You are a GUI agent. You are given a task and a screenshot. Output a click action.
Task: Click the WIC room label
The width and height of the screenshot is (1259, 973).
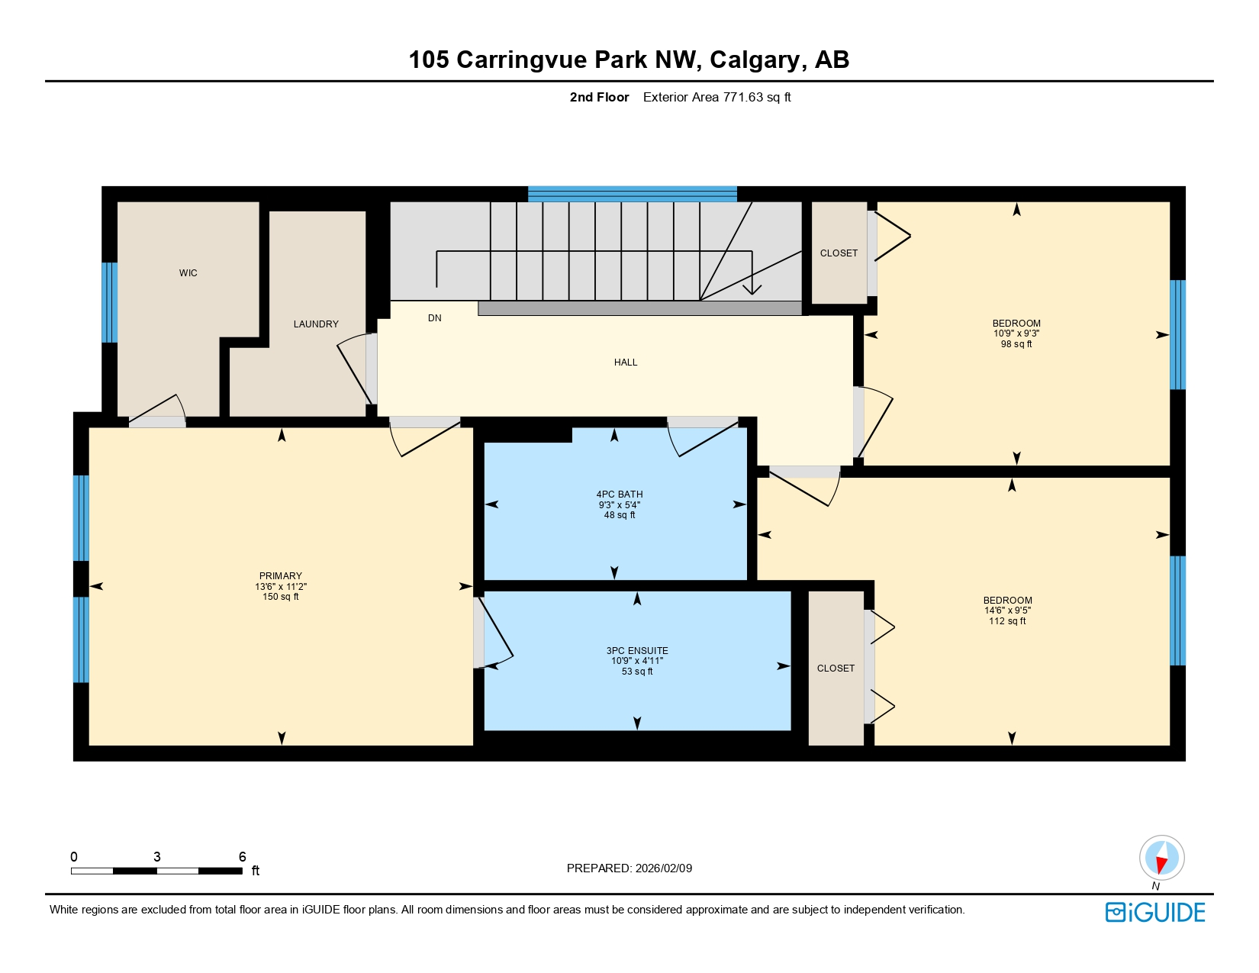click(188, 273)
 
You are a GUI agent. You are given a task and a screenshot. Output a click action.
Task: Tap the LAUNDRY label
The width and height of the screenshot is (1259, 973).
click(316, 324)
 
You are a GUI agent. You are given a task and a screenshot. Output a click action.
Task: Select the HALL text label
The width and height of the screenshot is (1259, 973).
click(626, 362)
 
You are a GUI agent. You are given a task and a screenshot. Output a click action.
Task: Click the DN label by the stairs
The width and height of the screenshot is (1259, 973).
click(434, 318)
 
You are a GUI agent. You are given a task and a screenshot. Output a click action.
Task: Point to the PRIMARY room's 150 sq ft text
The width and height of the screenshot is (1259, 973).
click(281, 597)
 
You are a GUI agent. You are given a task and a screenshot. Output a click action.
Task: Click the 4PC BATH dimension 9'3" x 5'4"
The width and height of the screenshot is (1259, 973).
click(619, 505)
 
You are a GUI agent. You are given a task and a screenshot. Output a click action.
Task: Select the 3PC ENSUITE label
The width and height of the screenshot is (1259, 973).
click(637, 651)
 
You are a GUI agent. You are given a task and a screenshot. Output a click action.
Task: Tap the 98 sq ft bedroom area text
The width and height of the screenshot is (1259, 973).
click(1016, 344)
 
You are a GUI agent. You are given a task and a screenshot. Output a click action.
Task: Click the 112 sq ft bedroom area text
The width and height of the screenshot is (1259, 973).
click(1007, 621)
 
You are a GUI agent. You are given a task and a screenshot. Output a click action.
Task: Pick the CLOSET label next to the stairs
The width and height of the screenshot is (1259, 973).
click(839, 253)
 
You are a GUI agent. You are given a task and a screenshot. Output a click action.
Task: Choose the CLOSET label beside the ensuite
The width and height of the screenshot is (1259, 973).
click(836, 669)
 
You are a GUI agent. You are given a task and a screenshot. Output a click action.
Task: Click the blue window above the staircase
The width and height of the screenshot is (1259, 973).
click(632, 194)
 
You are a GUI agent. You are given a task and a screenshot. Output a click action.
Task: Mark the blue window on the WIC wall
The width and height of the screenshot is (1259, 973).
click(110, 303)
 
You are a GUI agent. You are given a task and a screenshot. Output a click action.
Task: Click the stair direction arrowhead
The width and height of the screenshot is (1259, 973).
click(752, 289)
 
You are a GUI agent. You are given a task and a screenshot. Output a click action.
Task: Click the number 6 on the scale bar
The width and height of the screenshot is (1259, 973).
click(242, 856)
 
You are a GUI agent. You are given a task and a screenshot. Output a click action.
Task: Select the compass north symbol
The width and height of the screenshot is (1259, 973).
click(1161, 858)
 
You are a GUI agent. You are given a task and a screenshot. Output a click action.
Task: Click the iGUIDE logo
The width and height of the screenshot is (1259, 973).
click(1155, 912)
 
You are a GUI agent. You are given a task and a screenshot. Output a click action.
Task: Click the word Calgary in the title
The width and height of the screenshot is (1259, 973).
click(754, 60)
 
